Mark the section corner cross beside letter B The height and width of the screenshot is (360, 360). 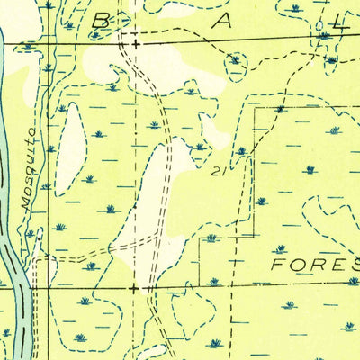coord(135,42)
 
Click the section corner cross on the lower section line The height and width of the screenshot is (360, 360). coord(135,289)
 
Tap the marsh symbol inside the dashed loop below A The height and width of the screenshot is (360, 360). coord(236,60)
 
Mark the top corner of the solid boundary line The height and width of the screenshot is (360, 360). coord(255,108)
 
